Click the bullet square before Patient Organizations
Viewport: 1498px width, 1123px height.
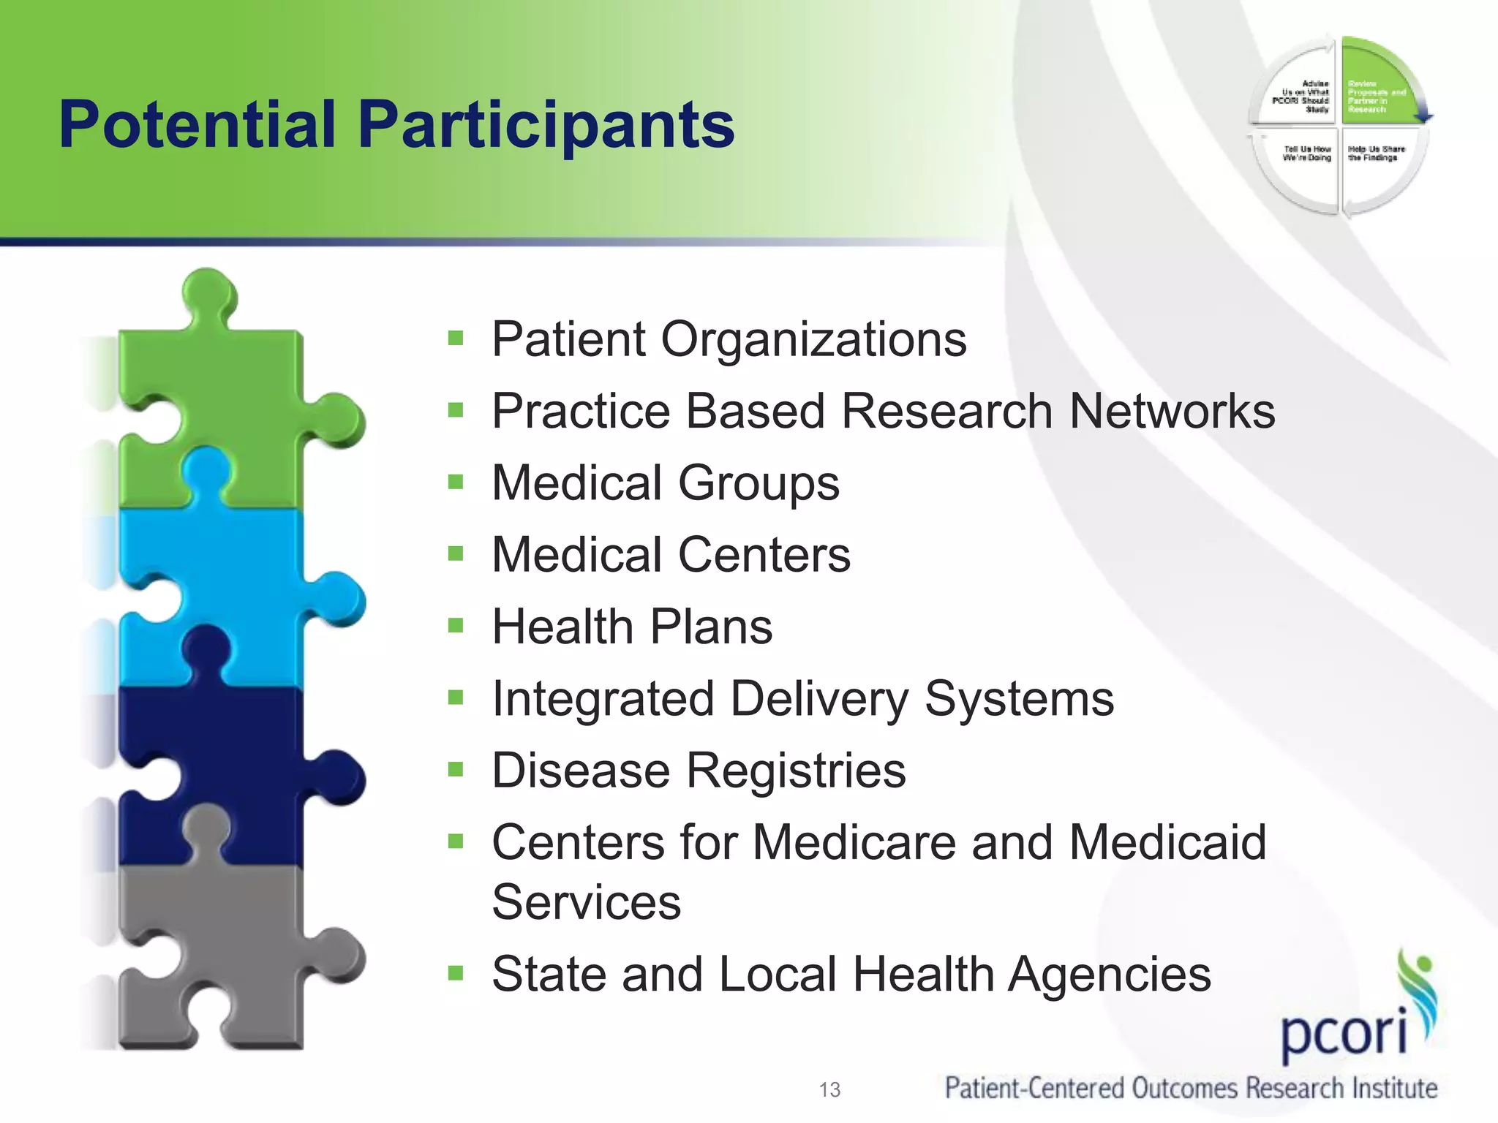[x=456, y=338]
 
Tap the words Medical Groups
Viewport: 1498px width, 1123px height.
[x=665, y=483]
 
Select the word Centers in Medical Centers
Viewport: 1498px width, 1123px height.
[x=764, y=554]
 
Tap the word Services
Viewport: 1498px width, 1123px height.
[x=586, y=902]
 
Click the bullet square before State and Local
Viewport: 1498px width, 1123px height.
[x=456, y=973]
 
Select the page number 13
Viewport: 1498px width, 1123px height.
[x=829, y=1090]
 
